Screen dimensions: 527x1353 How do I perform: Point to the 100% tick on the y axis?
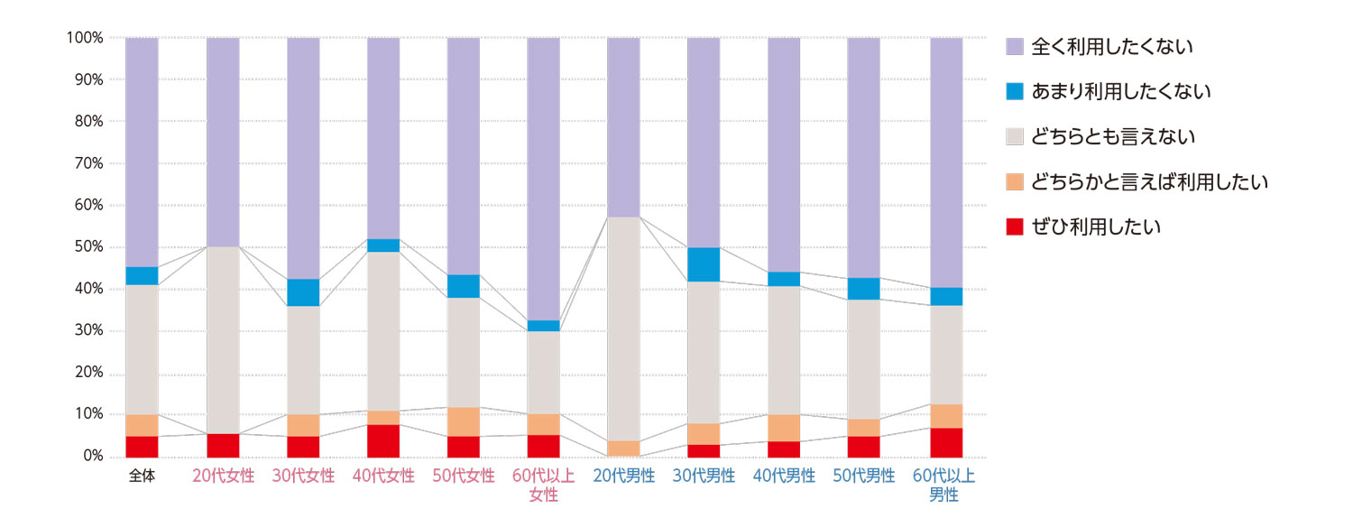pyautogui.click(x=85, y=38)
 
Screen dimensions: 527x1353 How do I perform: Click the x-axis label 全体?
pyautogui.click(x=142, y=476)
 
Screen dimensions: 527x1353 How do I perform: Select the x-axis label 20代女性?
pyautogui.click(x=223, y=476)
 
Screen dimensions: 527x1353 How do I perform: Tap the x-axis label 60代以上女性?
pyautogui.click(x=543, y=485)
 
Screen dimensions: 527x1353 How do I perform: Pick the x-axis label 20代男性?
pyautogui.click(x=623, y=476)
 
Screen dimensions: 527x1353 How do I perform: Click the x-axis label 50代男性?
pyautogui.click(x=863, y=476)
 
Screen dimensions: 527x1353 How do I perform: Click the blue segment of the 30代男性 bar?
pyautogui.click(x=704, y=264)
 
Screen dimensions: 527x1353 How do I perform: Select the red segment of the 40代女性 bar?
pyautogui.click(x=383, y=440)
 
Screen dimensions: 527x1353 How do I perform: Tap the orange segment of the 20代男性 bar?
pyautogui.click(x=623, y=448)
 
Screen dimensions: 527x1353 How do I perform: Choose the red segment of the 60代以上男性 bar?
pyautogui.click(x=946, y=442)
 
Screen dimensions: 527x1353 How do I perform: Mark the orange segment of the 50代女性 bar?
pyautogui.click(x=464, y=421)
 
